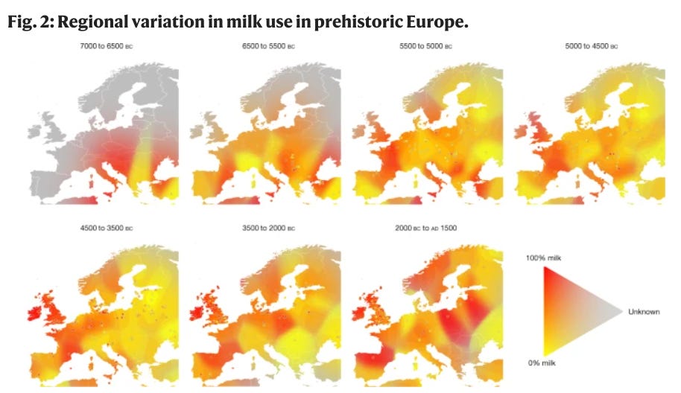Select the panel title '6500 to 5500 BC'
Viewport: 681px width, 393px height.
[270, 46]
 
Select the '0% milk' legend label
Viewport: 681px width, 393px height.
[542, 362]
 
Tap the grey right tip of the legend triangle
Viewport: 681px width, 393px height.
[620, 312]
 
